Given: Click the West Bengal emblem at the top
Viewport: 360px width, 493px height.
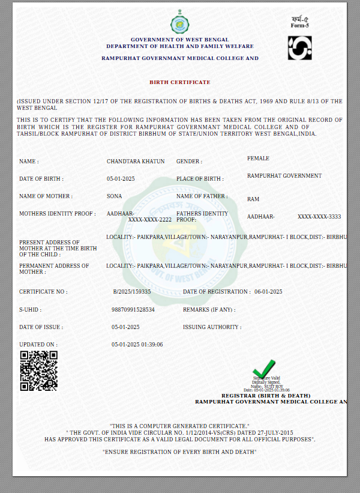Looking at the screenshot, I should pyautogui.click(x=179, y=25).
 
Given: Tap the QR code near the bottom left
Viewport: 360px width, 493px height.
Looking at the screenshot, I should pyautogui.click(x=39, y=371).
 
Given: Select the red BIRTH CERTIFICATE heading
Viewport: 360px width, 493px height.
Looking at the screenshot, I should pyautogui.click(x=180, y=82).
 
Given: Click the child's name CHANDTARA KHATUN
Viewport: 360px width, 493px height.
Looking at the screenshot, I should pyautogui.click(x=136, y=162).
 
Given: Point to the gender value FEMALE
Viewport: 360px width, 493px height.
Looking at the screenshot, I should pyautogui.click(x=258, y=159).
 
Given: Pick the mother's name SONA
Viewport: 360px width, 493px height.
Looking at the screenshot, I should pyautogui.click(x=114, y=196).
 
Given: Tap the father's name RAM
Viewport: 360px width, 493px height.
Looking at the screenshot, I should pyautogui.click(x=253, y=199).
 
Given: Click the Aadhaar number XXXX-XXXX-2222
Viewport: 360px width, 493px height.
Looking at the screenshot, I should pyautogui.click(x=150, y=220).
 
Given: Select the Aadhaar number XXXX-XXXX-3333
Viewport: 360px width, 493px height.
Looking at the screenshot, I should pyautogui.click(x=319, y=216).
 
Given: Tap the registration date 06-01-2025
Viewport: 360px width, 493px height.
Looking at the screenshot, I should pyautogui.click(x=268, y=292).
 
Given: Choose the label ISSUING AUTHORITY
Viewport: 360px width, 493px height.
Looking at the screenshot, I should pyautogui.click(x=212, y=327).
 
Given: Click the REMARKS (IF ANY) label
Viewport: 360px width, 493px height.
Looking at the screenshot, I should pyautogui.click(x=209, y=310).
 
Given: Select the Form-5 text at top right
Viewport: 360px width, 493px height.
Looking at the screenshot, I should pyautogui.click(x=299, y=26).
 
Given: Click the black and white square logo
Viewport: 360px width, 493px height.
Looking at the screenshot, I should pyautogui.click(x=299, y=48).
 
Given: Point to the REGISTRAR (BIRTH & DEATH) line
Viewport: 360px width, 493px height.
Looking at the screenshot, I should pyautogui.click(x=266, y=396).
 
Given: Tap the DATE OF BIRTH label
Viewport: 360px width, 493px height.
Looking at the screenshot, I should pyautogui.click(x=41, y=179).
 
